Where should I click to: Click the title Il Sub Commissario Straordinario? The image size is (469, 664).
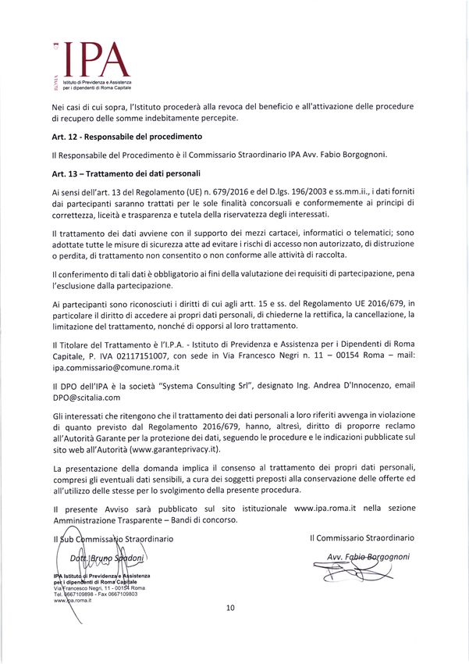(112, 538)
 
